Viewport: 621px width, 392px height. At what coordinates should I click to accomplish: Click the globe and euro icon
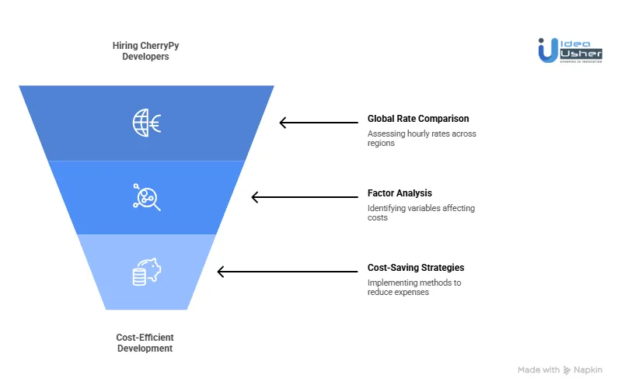pyautogui.click(x=146, y=123)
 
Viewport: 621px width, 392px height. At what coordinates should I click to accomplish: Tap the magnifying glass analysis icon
pyautogui.click(x=146, y=197)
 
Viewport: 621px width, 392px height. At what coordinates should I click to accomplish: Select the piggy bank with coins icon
pyautogui.click(x=146, y=272)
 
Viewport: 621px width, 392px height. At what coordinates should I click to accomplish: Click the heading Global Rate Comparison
pyautogui.click(x=417, y=120)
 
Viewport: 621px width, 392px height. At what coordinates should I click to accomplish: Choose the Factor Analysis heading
pyautogui.click(x=399, y=193)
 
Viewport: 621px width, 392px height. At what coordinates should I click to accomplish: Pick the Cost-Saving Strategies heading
pyautogui.click(x=415, y=268)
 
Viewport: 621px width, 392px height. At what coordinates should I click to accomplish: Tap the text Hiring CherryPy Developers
pyautogui.click(x=145, y=51)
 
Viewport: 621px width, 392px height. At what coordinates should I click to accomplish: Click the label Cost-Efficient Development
pyautogui.click(x=145, y=343)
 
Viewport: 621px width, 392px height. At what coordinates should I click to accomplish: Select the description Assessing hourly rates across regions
pyautogui.click(x=421, y=138)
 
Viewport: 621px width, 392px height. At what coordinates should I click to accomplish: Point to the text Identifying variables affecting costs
pyautogui.click(x=420, y=213)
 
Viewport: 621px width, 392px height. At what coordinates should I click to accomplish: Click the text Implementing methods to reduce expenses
pyautogui.click(x=413, y=287)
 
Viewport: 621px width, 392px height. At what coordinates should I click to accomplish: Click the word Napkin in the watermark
pyautogui.click(x=588, y=370)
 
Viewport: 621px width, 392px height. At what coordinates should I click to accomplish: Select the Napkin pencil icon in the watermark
pyautogui.click(x=567, y=370)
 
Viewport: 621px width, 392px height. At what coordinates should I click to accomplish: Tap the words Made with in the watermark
pyautogui.click(x=539, y=370)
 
